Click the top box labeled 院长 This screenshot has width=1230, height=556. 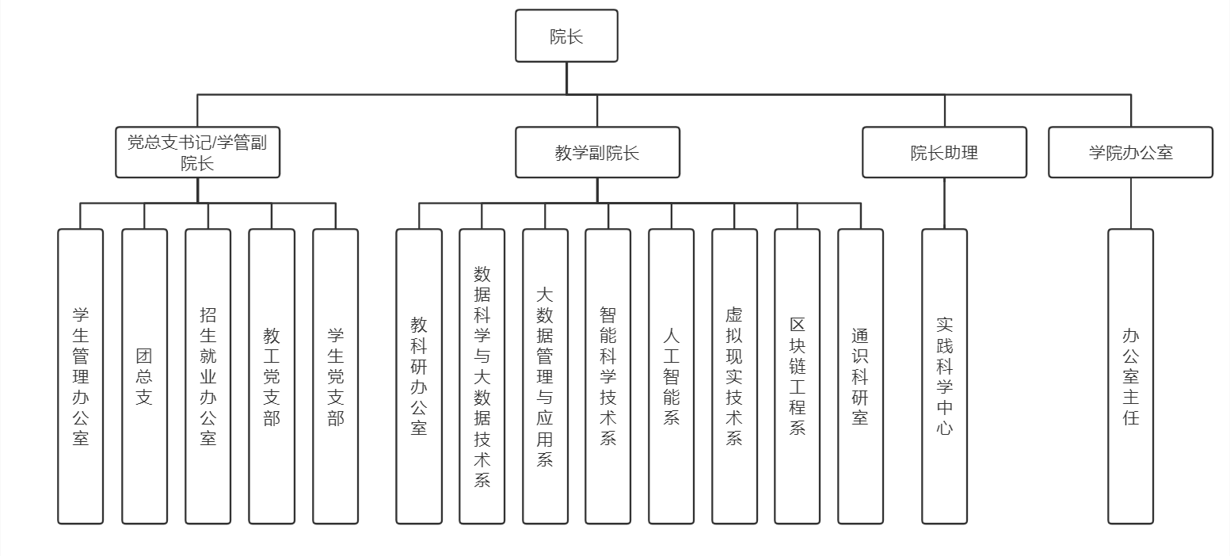coord(566,36)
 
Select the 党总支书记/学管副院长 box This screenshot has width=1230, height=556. coord(197,152)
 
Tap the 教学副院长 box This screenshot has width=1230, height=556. coord(597,152)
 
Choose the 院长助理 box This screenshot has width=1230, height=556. coord(944,152)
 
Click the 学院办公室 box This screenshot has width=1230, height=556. coord(1130,152)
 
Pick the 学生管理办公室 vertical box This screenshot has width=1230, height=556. coord(81,376)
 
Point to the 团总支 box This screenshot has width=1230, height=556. coord(144,376)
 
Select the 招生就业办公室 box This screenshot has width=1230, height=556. coord(208,376)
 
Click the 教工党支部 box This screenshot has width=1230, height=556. coord(272,376)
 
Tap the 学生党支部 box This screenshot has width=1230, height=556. coord(335,376)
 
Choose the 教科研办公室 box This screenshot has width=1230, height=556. coord(419,376)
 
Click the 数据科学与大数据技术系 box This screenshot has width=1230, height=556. coord(482,376)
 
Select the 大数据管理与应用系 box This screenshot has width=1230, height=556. coord(545,376)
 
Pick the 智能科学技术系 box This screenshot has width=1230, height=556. coord(608,376)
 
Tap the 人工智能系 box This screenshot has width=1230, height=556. coord(671,376)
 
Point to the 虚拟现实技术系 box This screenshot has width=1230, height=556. coord(734,376)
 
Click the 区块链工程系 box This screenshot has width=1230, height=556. coord(798,376)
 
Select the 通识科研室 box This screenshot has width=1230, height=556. coord(860,376)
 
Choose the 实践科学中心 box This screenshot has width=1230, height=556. coord(944,376)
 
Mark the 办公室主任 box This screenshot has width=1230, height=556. coord(1130,376)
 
